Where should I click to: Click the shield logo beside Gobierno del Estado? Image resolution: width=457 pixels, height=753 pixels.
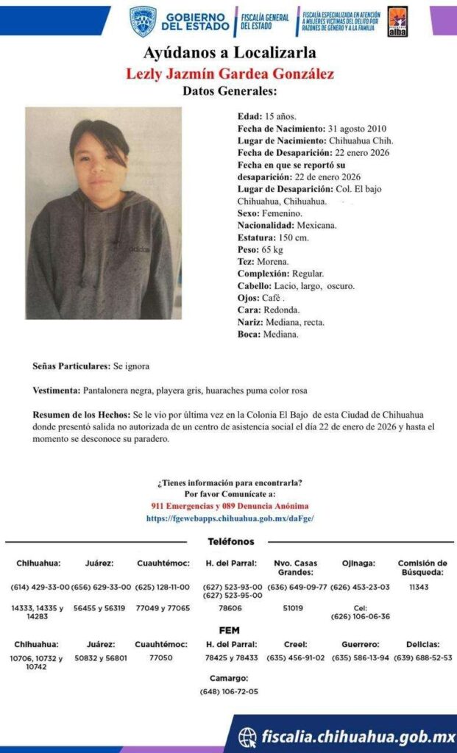[x=143, y=21]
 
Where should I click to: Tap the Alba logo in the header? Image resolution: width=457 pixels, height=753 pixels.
[x=397, y=21]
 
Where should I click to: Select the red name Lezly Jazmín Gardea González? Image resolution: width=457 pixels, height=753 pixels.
[x=230, y=74]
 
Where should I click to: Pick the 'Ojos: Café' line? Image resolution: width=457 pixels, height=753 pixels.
[x=261, y=298]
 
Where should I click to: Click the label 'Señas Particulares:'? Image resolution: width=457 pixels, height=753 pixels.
[x=71, y=365]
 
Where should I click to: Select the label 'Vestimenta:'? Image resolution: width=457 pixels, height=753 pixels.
[x=57, y=390]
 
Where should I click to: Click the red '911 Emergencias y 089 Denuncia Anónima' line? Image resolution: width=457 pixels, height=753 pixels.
[x=229, y=507]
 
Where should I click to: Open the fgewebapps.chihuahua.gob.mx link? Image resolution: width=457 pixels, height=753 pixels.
[x=229, y=518]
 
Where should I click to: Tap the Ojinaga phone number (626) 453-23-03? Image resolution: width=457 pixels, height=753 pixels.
[x=361, y=588]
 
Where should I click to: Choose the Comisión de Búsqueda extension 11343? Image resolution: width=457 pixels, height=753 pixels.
[x=419, y=588]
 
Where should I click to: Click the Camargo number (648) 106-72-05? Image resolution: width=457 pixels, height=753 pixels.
[x=229, y=691]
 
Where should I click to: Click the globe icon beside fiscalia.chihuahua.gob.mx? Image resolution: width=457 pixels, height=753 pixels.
[x=248, y=736]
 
